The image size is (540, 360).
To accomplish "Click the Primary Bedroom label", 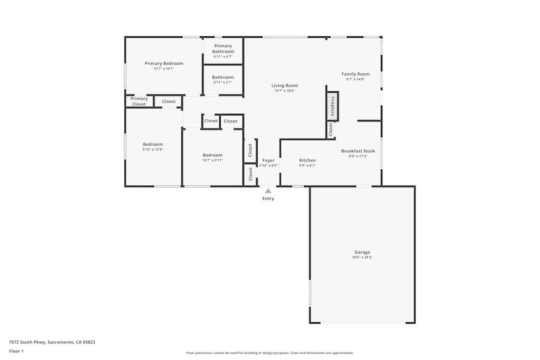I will pyautogui.click(x=164, y=64).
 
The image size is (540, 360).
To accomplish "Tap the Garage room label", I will pyautogui.click(x=362, y=252).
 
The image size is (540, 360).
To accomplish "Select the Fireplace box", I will pyautogui.click(x=332, y=106).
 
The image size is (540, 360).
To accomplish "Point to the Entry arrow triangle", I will pyautogui.click(x=268, y=191).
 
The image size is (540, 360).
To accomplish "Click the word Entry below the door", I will pyautogui.click(x=268, y=199).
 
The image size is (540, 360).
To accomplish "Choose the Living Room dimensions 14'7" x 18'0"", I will pyautogui.click(x=285, y=91).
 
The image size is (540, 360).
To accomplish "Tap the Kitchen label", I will pyautogui.click(x=307, y=160).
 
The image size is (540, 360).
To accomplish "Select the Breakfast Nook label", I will pyautogui.click(x=358, y=151).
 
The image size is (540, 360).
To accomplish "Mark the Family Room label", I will pyautogui.click(x=355, y=74).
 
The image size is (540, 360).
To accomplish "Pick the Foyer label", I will pyautogui.click(x=268, y=160).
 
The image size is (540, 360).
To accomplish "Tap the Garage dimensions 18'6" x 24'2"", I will pyautogui.click(x=362, y=257).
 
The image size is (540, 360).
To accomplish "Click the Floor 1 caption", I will pyautogui.click(x=16, y=351).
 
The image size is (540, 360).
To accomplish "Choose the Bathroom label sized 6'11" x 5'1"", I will pyautogui.click(x=223, y=77).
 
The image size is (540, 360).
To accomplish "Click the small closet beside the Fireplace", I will pyautogui.click(x=330, y=129).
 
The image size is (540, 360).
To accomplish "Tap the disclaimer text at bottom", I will pyautogui.click(x=270, y=353).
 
